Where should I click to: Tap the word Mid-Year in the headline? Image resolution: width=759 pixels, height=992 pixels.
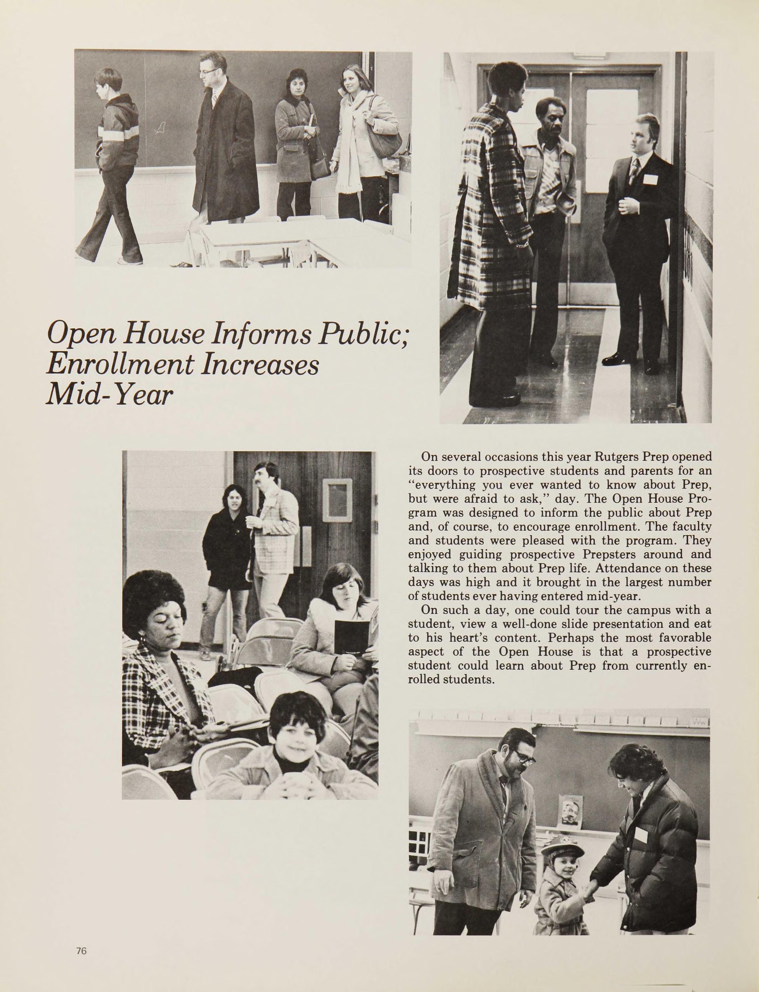[109, 395]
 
